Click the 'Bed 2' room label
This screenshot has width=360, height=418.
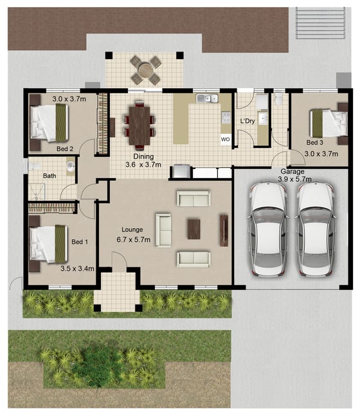[x=65, y=149]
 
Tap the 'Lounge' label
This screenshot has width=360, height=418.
[x=132, y=230]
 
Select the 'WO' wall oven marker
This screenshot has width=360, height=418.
[x=225, y=140]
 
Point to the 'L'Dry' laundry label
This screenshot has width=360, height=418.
[x=248, y=121]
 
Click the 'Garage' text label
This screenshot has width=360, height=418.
[x=292, y=172]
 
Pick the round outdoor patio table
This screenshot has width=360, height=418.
[x=145, y=70]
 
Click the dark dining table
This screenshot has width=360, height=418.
[x=139, y=125]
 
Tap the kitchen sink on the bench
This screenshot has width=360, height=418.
[x=207, y=98]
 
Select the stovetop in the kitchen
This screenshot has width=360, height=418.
[x=226, y=118]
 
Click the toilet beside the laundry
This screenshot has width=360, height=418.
[x=279, y=98]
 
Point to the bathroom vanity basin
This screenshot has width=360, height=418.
[x=71, y=167]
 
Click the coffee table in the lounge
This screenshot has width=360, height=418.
[x=194, y=229]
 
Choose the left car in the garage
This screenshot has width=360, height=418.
[x=269, y=229]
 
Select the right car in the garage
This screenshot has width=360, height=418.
[x=316, y=229]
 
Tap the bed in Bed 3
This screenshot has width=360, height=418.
[x=328, y=123]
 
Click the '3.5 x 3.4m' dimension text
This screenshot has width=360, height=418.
[x=77, y=268]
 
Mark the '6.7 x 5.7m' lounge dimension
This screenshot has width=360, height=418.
[x=134, y=240]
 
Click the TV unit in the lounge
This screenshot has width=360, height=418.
[x=224, y=231]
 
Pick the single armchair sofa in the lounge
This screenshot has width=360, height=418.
[x=163, y=230]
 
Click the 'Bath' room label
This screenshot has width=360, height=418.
[x=50, y=176]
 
